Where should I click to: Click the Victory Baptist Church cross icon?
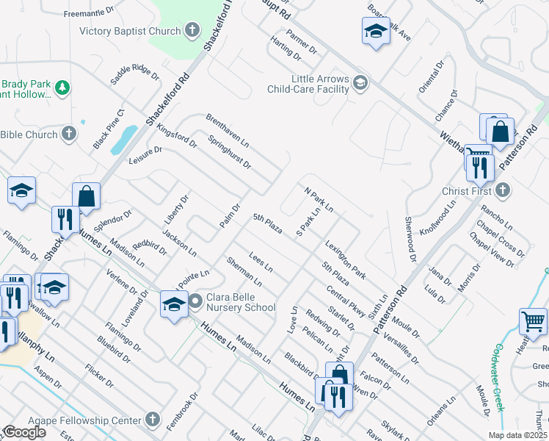tap(192, 31)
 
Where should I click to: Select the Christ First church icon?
tap(503, 191)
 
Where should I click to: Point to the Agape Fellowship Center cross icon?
tap(153, 421)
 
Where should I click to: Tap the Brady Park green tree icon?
tap(63, 88)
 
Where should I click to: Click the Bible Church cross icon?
tap(69, 135)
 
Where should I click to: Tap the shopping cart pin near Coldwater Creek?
tap(533, 321)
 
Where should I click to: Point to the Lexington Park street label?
tap(345, 261)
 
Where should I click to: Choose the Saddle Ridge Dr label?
tap(134, 74)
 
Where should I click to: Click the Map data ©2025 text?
tap(517, 435)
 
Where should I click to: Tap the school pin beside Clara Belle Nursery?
tap(174, 304)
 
